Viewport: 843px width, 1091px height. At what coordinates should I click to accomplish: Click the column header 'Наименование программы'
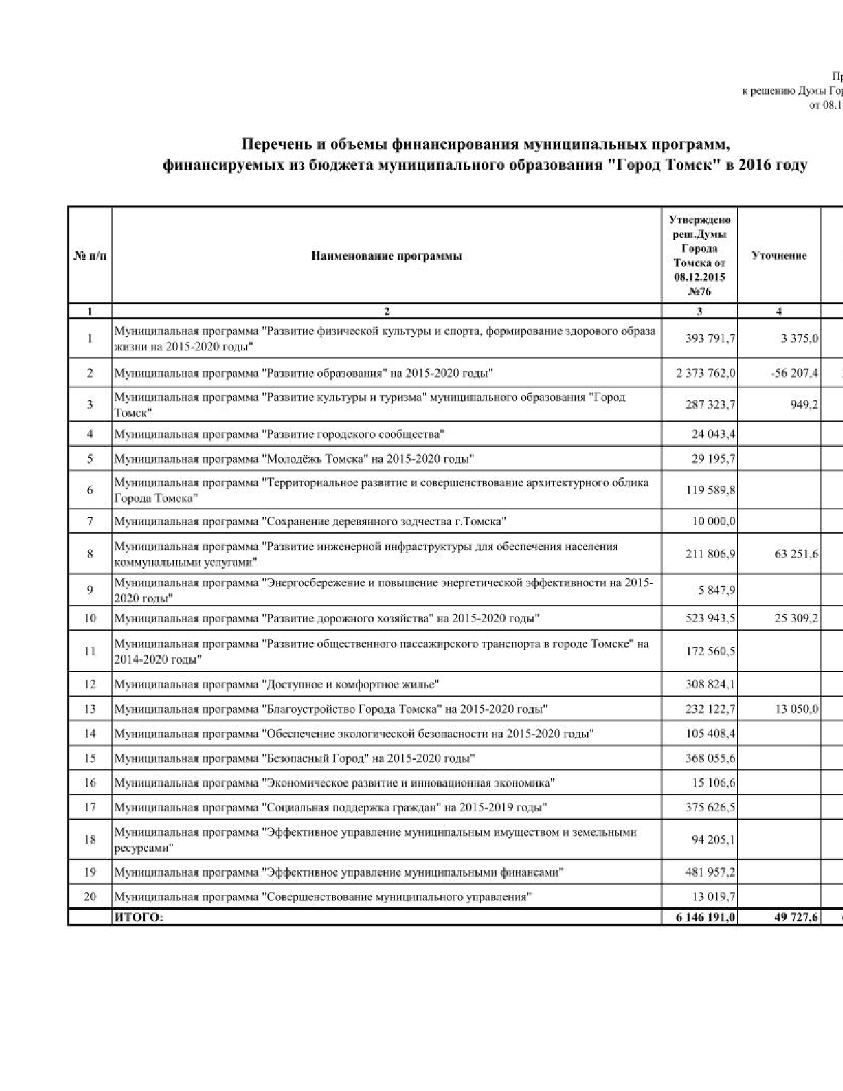(x=386, y=256)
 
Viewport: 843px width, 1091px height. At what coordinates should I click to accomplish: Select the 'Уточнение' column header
(x=779, y=256)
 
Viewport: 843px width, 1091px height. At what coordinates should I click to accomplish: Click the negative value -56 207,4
(x=794, y=373)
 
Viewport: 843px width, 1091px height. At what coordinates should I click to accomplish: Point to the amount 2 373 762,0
(x=705, y=373)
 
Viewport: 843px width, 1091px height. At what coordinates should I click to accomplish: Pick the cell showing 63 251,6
(x=796, y=553)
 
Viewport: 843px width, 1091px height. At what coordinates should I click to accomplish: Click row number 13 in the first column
(x=90, y=709)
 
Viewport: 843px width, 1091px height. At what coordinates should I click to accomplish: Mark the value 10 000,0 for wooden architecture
(x=713, y=521)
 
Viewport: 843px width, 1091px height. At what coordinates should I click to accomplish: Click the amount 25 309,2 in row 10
(x=796, y=618)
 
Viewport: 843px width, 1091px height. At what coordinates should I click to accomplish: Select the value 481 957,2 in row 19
(x=710, y=872)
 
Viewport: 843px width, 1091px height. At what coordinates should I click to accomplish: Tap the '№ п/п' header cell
(x=90, y=256)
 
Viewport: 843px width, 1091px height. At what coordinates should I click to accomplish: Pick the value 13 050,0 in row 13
(x=796, y=709)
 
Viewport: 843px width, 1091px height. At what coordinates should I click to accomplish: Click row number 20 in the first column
(x=90, y=897)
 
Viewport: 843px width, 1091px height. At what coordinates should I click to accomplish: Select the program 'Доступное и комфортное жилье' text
(x=351, y=684)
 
